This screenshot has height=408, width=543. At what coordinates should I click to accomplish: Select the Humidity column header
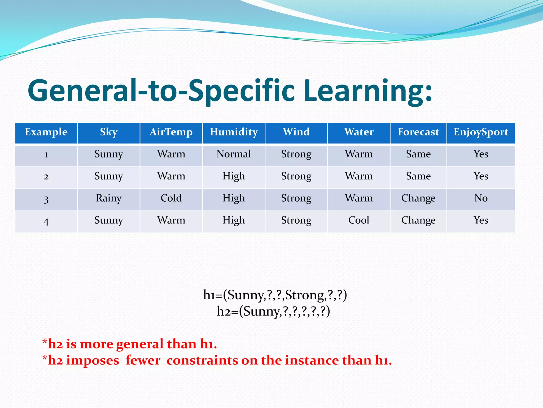tap(234, 132)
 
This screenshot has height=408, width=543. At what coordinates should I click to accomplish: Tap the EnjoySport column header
tap(481, 132)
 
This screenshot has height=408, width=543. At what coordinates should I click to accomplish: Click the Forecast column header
tap(418, 132)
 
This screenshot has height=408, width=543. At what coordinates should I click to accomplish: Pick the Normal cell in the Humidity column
tap(234, 154)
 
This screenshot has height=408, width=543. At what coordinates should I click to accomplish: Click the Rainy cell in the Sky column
tap(109, 198)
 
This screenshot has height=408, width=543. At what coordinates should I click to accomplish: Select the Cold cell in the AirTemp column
tap(171, 198)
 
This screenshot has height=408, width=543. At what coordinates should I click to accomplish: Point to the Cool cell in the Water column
tap(358, 220)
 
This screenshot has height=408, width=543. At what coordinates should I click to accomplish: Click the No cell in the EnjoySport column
tap(481, 198)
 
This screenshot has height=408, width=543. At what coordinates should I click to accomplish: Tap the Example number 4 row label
tap(46, 221)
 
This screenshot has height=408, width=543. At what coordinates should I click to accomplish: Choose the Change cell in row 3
tap(418, 198)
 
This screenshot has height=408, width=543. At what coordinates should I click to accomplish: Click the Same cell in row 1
tap(418, 154)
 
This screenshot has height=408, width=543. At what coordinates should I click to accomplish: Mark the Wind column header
tap(296, 132)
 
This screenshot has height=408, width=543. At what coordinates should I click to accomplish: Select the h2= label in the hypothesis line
tap(227, 311)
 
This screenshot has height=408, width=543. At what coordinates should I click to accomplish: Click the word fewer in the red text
tap(143, 361)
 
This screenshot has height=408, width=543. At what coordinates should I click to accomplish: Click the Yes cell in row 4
tap(481, 220)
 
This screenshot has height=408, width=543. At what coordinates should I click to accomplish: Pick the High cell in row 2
tap(234, 176)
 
